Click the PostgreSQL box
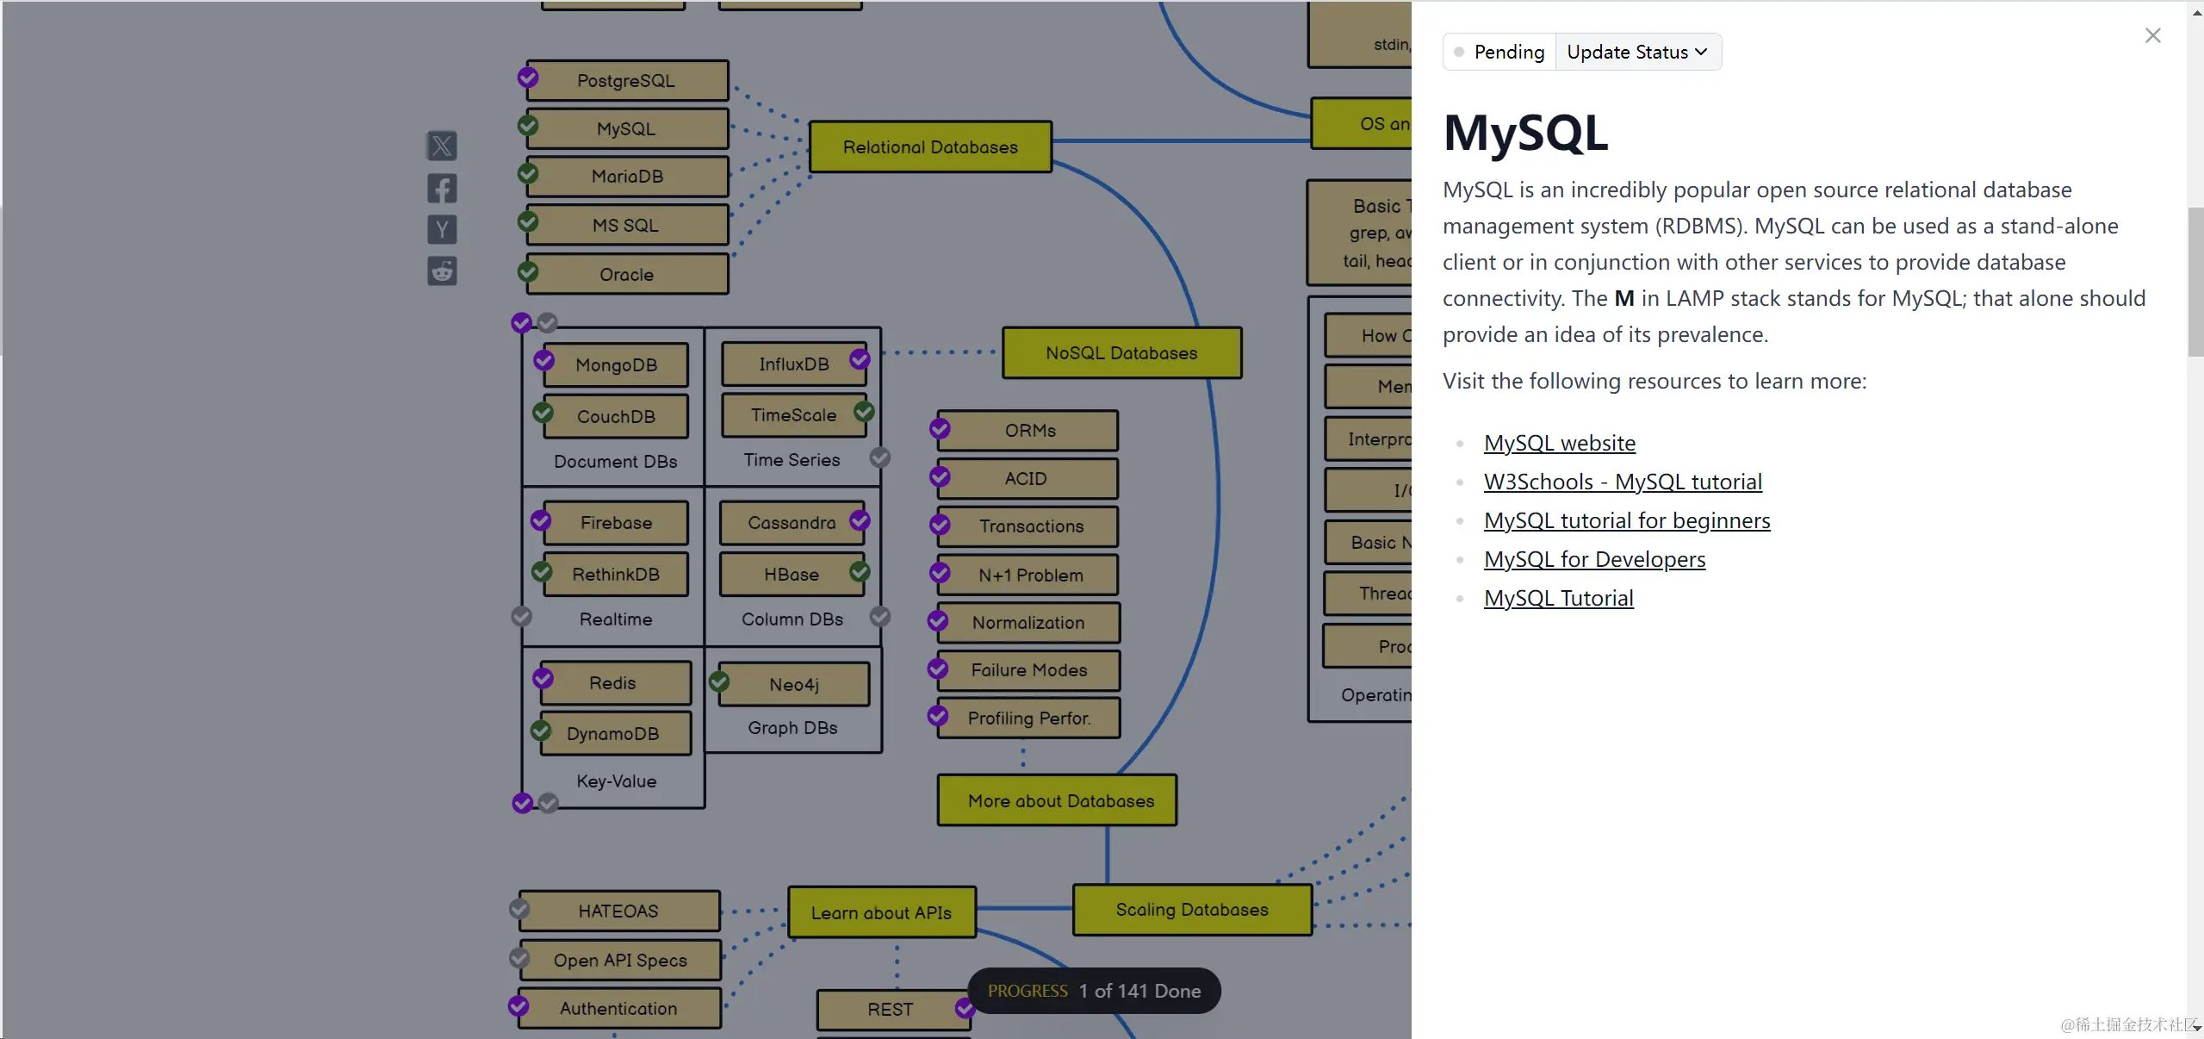[x=626, y=81]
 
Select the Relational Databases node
[x=930, y=147]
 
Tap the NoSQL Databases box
[x=1121, y=353]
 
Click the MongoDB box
[x=616, y=365]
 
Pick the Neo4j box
[x=793, y=685]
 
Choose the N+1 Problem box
[x=1030, y=575]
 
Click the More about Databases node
[x=1060, y=801]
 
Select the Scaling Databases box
[x=1191, y=910]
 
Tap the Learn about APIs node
[x=881, y=913]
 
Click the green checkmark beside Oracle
[x=528, y=272]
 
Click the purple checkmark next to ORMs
[x=940, y=428]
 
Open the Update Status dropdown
[x=1636, y=53]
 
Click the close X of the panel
[x=2152, y=35]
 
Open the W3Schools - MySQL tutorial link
[x=1623, y=482]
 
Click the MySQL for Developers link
[x=1594, y=559]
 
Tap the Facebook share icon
[x=442, y=189]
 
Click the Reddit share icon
[x=442, y=271]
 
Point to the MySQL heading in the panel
[x=1525, y=134]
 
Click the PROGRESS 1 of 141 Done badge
[x=1094, y=991]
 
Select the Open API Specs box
[x=620, y=961]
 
